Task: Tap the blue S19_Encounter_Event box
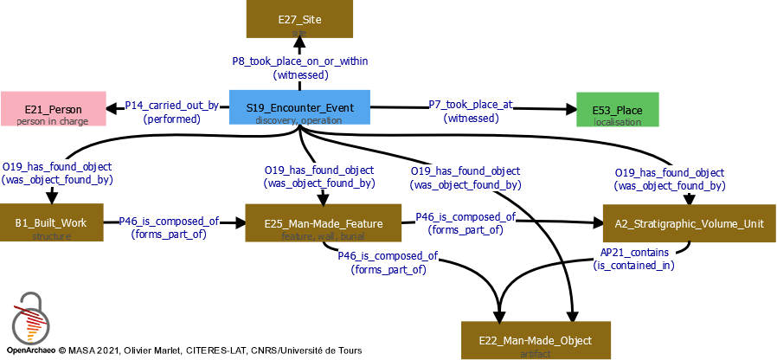tap(299, 107)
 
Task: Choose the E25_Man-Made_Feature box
tap(323, 222)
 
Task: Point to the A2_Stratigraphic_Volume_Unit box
tap(689, 222)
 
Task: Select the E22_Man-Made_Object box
tap(536, 339)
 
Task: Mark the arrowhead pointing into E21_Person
tap(112, 109)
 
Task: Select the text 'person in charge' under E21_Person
tap(53, 121)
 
